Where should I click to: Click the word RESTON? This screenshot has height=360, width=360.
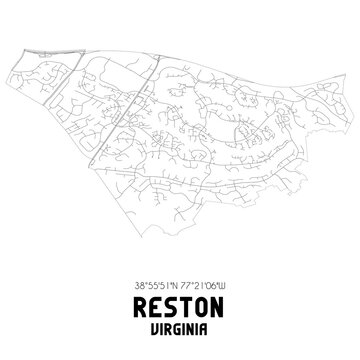click(x=180, y=302)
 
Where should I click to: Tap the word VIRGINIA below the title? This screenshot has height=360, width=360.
click(x=180, y=325)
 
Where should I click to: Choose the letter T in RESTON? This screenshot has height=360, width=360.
click(x=187, y=302)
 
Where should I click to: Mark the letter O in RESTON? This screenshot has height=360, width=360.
click(x=205, y=302)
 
